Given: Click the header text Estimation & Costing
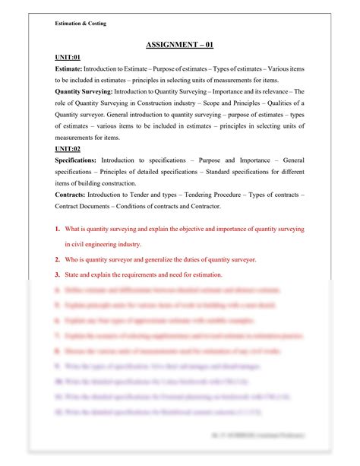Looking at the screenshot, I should point(81,24).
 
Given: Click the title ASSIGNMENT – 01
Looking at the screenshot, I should point(179,45).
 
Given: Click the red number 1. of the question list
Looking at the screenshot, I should point(58,229).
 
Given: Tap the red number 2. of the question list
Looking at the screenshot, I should point(58,259).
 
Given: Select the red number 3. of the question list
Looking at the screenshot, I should point(58,274).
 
